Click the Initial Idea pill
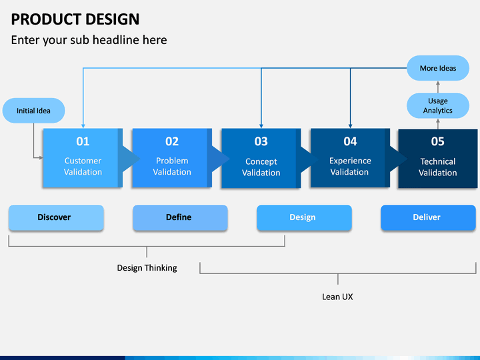pyautogui.click(x=34, y=111)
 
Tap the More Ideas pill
pyautogui.click(x=438, y=68)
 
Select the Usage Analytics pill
pyautogui.click(x=438, y=105)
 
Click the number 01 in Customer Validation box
pyautogui.click(x=83, y=141)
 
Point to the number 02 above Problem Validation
pyautogui.click(x=172, y=141)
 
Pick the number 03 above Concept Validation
pyautogui.click(x=261, y=141)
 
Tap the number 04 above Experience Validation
pyautogui.click(x=350, y=141)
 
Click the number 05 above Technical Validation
pyautogui.click(x=438, y=141)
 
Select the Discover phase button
pyautogui.click(x=56, y=217)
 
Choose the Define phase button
pyautogui.click(x=180, y=217)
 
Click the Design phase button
pyautogui.click(x=304, y=217)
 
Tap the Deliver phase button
pyautogui.click(x=428, y=217)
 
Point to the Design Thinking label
pyautogui.click(x=147, y=268)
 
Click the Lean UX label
pyautogui.click(x=337, y=297)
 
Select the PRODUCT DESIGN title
pyautogui.click(x=75, y=19)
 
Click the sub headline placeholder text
pyautogui.click(x=89, y=40)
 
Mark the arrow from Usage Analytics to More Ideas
pyautogui.click(x=438, y=87)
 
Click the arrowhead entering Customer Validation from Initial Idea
pyautogui.click(x=41, y=158)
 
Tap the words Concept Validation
pyautogui.click(x=261, y=167)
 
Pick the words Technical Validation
pyautogui.click(x=438, y=167)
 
